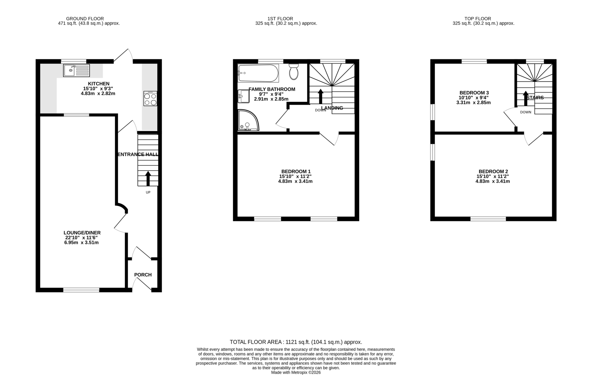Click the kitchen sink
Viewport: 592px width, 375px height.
pos(77,70)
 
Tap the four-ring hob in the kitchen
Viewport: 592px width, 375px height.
pos(150,99)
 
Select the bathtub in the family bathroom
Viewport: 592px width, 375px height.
pos(258,73)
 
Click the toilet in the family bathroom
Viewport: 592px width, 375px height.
pos(294,72)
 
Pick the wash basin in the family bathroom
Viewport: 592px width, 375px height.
pos(244,96)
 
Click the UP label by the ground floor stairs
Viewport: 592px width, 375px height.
pos(148,192)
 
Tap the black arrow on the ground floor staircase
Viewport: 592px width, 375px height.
pos(148,178)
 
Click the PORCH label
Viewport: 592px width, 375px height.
pos(143,275)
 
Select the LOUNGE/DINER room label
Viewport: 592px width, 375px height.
pos(82,233)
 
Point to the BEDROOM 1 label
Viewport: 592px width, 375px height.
pos(296,171)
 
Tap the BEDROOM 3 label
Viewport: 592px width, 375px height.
pos(474,93)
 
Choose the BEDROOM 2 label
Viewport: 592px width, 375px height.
pos(493,171)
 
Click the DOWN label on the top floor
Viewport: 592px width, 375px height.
pos(526,112)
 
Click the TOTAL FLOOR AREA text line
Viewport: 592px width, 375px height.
pos(296,342)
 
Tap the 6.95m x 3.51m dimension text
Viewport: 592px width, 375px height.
pos(82,242)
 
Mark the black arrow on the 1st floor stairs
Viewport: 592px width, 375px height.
pos(320,96)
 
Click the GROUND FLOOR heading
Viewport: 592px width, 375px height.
pos(85,19)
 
